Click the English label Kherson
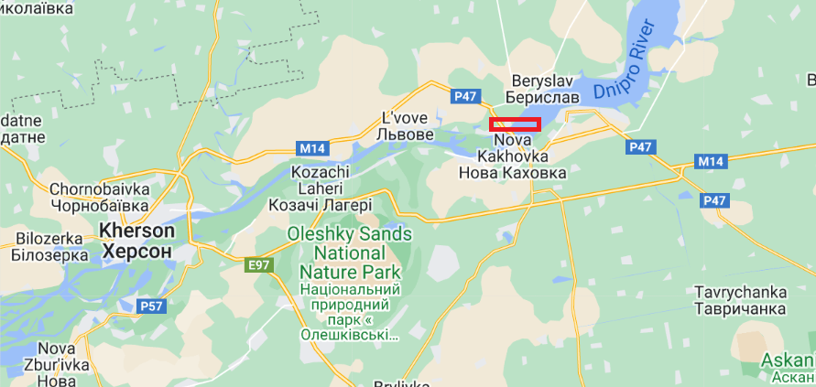point(138,230)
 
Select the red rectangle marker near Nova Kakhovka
point(515,124)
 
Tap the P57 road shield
point(150,306)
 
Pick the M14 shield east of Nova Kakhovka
point(710,162)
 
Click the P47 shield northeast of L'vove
point(465,94)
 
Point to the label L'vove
point(405,117)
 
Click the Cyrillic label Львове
point(405,134)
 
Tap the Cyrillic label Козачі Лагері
point(320,205)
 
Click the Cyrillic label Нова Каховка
point(511,172)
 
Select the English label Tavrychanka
point(741,292)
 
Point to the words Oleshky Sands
point(350,234)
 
